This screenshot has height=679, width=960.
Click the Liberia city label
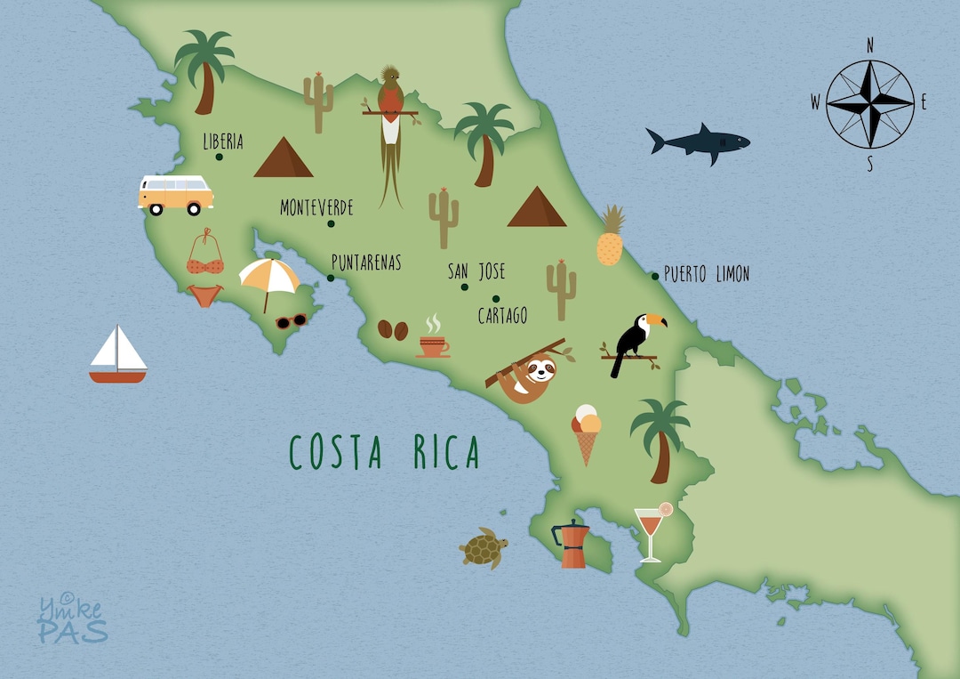[222, 141]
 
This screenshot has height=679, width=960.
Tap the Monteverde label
[316, 208]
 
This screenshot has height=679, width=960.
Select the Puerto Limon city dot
[655, 276]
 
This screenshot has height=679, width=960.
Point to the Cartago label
[502, 316]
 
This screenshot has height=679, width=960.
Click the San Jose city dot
[464, 287]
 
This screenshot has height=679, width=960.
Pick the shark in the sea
[698, 142]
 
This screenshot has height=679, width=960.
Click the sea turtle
[483, 547]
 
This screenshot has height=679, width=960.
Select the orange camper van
[176, 194]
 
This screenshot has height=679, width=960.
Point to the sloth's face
[538, 368]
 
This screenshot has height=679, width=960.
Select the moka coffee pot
[572, 544]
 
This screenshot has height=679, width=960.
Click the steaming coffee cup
[434, 344]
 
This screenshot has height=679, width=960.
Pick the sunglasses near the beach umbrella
[291, 321]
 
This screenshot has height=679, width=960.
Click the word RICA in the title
[446, 453]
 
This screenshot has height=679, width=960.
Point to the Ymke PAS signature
[72, 619]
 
